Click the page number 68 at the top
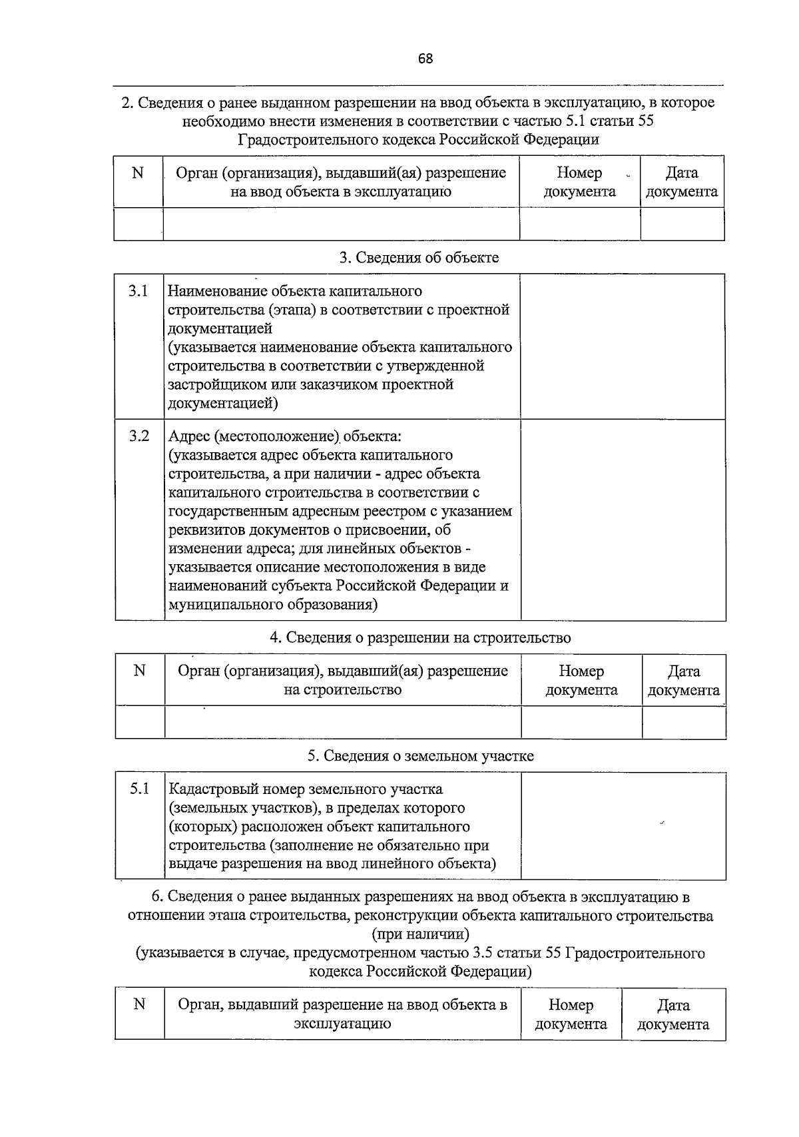(425, 59)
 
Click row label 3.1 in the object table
(138, 292)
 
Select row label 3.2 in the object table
(138, 436)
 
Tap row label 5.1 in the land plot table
(139, 789)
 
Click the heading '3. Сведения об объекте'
(419, 258)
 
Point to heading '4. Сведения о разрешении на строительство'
(419, 637)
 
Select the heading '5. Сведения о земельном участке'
(420, 756)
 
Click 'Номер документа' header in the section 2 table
(579, 183)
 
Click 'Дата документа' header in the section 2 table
(682, 183)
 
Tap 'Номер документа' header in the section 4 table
(581, 681)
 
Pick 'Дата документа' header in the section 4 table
(684, 681)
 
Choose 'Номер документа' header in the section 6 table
(571, 1014)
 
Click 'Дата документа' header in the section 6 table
(673, 1014)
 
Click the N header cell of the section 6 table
(139, 1004)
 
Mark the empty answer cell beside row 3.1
(623, 346)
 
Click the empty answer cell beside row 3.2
(623, 520)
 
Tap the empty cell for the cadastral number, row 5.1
(623, 826)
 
